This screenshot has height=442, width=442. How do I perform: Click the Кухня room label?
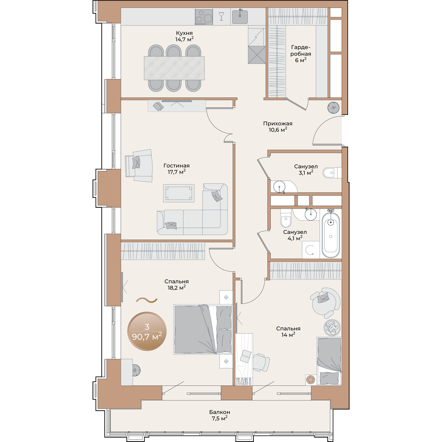coord(184,36)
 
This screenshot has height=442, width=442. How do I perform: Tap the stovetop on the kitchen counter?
coord(204,17)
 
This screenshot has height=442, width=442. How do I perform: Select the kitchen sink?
coord(240,17)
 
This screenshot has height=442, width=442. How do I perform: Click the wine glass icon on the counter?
coord(221,16)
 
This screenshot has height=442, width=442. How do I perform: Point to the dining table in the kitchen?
coord(174,68)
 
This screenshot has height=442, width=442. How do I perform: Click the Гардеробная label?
coord(301,54)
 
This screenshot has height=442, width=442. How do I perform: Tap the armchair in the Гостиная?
coord(139,165)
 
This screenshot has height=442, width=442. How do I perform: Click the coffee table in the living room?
coord(179,193)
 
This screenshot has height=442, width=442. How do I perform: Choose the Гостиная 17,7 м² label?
coord(176,169)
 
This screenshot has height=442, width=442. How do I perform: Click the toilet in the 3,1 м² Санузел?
coord(332,172)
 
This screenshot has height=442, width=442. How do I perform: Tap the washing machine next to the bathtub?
coord(311,250)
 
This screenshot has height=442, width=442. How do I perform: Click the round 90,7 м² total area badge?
coord(147,331)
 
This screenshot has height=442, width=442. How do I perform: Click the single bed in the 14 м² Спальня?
coord(329,361)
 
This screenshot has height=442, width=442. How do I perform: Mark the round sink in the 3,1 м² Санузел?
coord(279,187)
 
